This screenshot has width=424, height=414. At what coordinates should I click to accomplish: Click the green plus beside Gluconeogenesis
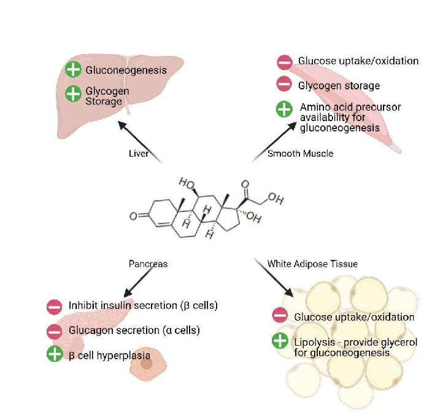tap(73, 69)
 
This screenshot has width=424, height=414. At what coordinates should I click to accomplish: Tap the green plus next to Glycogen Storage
tap(73, 94)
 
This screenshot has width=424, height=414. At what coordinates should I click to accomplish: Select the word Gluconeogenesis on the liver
tap(126, 70)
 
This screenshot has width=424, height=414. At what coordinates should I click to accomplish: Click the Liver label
tap(139, 154)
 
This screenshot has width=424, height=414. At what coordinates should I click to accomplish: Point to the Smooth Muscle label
tap(301, 154)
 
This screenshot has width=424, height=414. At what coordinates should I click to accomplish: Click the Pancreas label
tap(148, 264)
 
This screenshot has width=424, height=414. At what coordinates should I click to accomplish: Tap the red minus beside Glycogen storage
tap(284, 85)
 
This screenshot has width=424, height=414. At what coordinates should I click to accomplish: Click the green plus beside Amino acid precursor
tap(284, 109)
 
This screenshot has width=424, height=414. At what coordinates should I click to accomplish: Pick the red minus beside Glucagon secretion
tap(54, 331)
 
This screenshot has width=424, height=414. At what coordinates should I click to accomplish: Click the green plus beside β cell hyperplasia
tap(54, 354)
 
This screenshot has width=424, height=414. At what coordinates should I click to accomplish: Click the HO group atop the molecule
tap(186, 183)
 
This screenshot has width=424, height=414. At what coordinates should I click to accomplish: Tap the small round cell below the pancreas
tap(147, 364)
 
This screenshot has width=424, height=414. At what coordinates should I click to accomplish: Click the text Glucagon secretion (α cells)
tap(134, 330)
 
